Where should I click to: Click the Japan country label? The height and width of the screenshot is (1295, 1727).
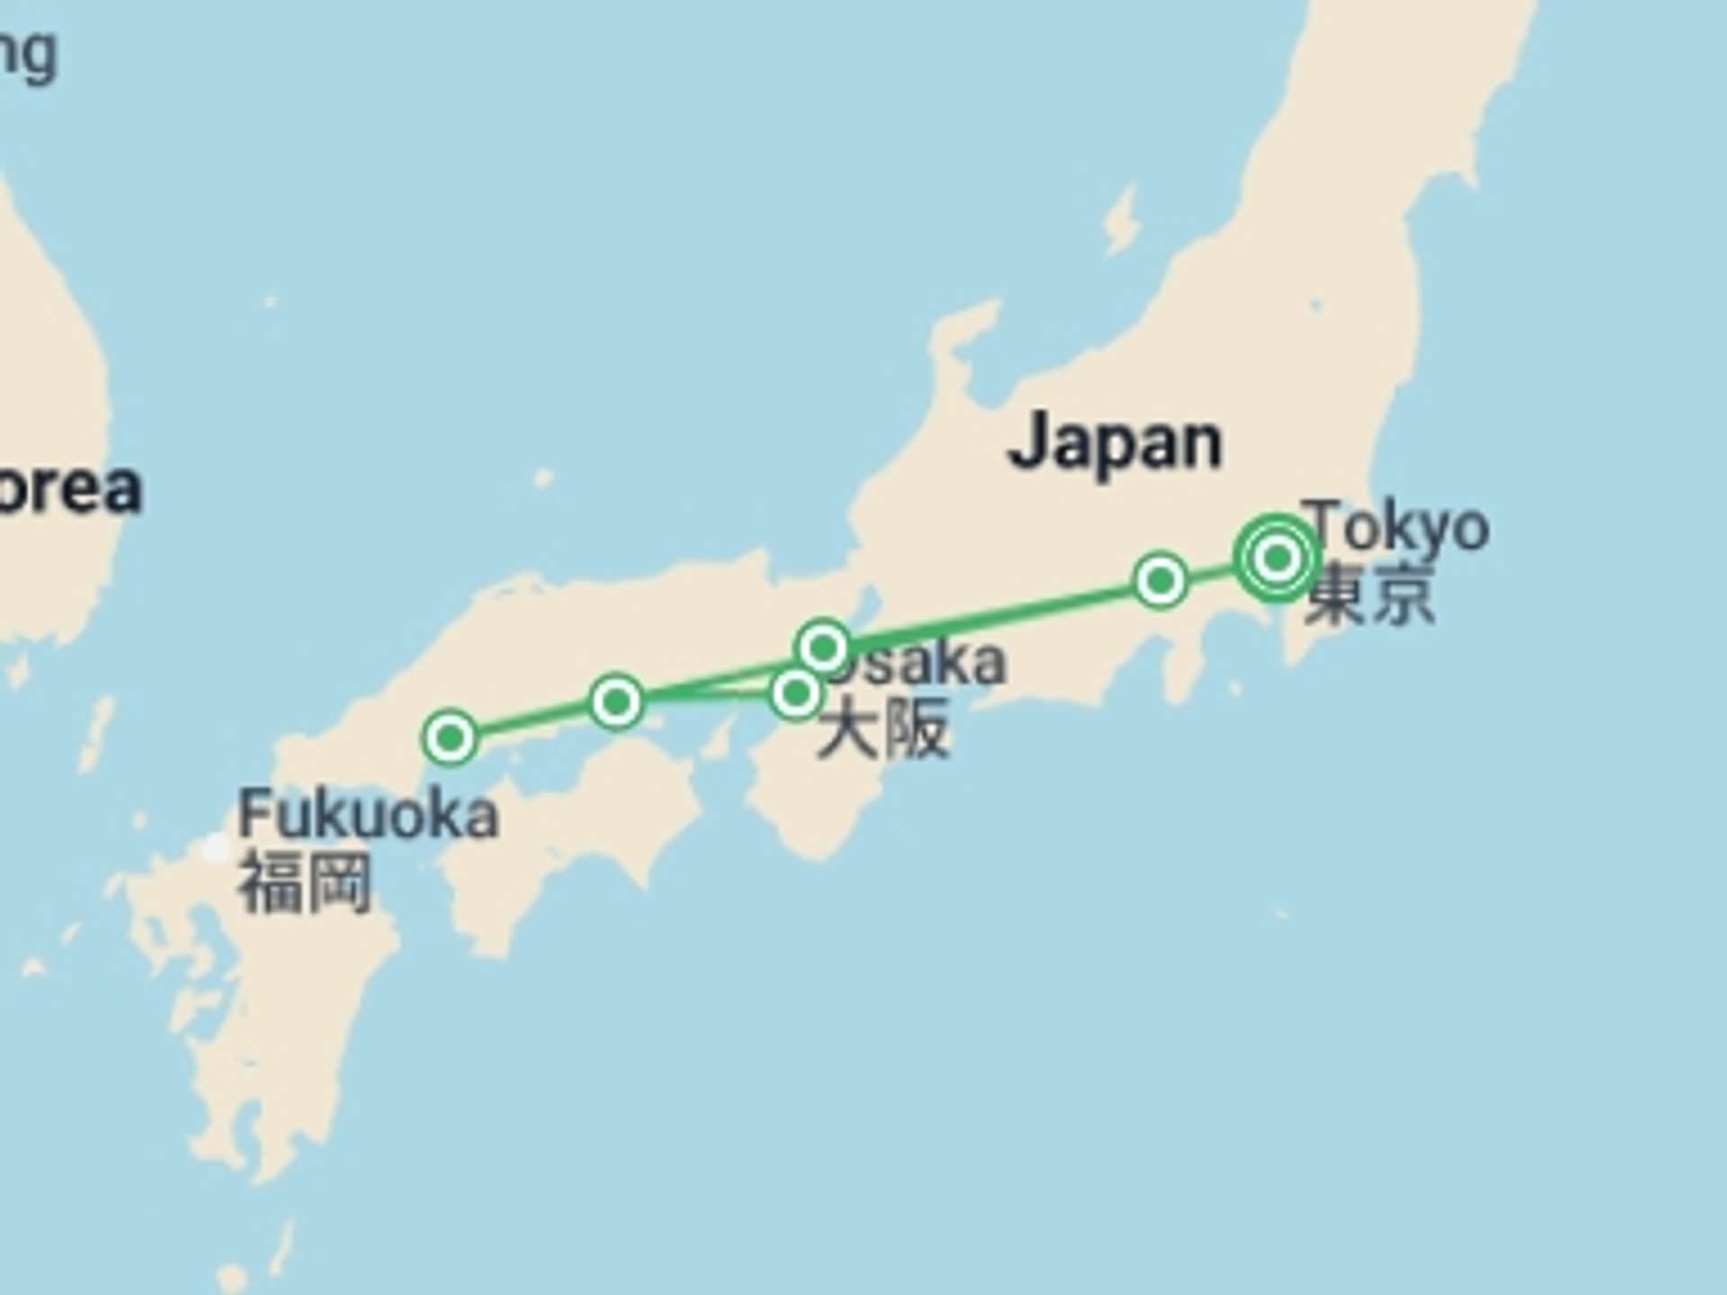(1115, 442)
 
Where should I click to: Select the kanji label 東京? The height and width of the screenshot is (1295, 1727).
(1369, 593)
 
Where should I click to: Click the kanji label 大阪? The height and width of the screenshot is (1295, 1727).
(883, 728)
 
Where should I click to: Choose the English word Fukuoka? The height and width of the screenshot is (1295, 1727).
(367, 815)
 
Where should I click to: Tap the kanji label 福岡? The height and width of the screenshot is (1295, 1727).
(304, 883)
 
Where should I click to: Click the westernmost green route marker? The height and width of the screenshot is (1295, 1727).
(450, 737)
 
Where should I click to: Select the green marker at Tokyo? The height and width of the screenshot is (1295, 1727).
(1277, 558)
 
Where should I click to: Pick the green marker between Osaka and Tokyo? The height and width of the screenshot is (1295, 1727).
(1160, 580)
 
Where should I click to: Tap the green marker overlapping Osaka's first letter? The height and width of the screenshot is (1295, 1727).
(823, 647)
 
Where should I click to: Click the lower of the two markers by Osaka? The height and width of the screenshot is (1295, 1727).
(796, 692)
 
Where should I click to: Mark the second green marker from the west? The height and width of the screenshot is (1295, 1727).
(616, 701)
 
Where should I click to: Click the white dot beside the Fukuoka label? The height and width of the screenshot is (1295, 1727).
(216, 848)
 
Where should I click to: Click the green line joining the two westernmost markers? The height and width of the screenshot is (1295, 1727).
(532, 719)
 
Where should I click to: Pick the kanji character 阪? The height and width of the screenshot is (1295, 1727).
(917, 728)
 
